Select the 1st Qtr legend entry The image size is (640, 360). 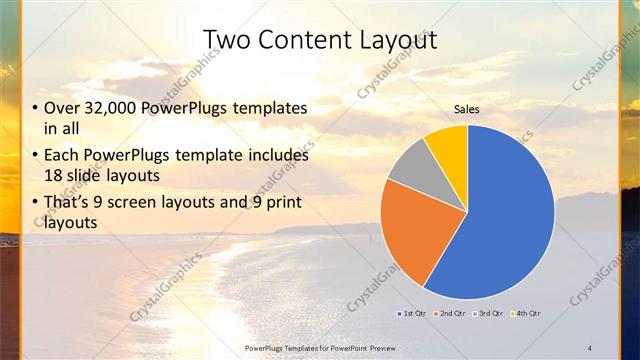tap(410, 314)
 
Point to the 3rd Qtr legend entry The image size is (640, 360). tap(488, 314)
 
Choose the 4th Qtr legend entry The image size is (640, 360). tap(527, 314)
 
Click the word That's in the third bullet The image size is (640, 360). tap(67, 205)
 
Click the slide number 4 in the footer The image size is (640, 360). tap(590, 347)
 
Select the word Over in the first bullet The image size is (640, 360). tap(62, 108)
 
